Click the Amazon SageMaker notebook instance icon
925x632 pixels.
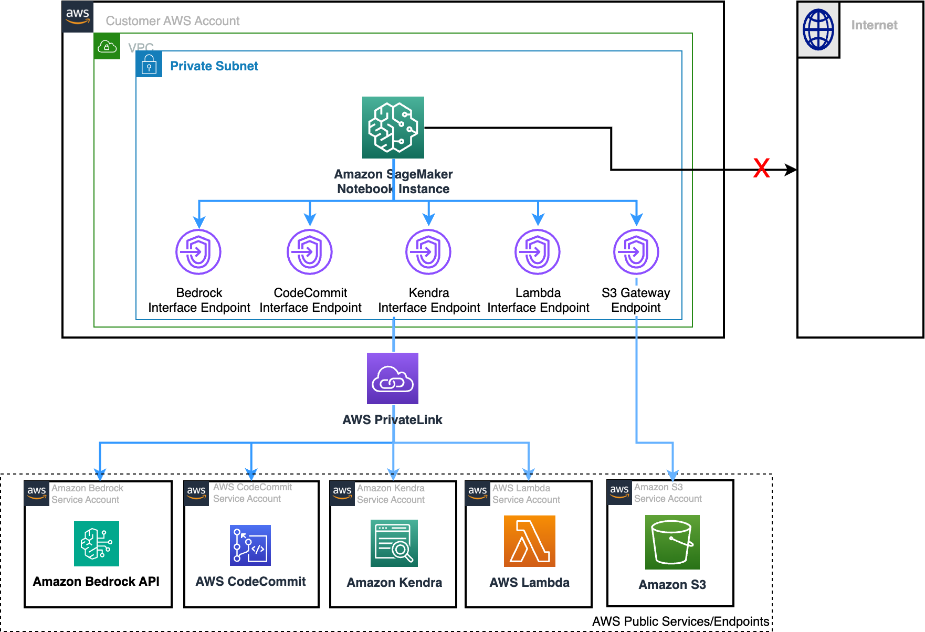[393, 128]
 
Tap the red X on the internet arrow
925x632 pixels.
[761, 168]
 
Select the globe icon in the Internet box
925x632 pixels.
[818, 29]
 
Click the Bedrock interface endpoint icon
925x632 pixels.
[198, 252]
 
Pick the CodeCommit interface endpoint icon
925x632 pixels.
[310, 252]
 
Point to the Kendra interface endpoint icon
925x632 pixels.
[428, 252]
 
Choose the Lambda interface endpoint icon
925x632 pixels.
[538, 252]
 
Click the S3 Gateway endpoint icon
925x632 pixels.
[636, 252]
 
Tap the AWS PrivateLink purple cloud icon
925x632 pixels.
[393, 378]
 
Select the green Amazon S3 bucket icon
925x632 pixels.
[672, 542]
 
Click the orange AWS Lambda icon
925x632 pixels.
[529, 541]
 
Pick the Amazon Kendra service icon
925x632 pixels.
[394, 543]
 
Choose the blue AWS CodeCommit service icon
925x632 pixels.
[250, 545]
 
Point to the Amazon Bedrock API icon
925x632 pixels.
[97, 544]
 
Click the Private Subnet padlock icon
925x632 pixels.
[149, 65]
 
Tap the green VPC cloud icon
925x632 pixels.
[107, 47]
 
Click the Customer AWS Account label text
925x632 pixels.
[172, 21]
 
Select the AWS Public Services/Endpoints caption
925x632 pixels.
[680, 622]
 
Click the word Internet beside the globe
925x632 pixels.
[874, 25]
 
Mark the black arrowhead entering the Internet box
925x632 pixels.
[791, 170]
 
